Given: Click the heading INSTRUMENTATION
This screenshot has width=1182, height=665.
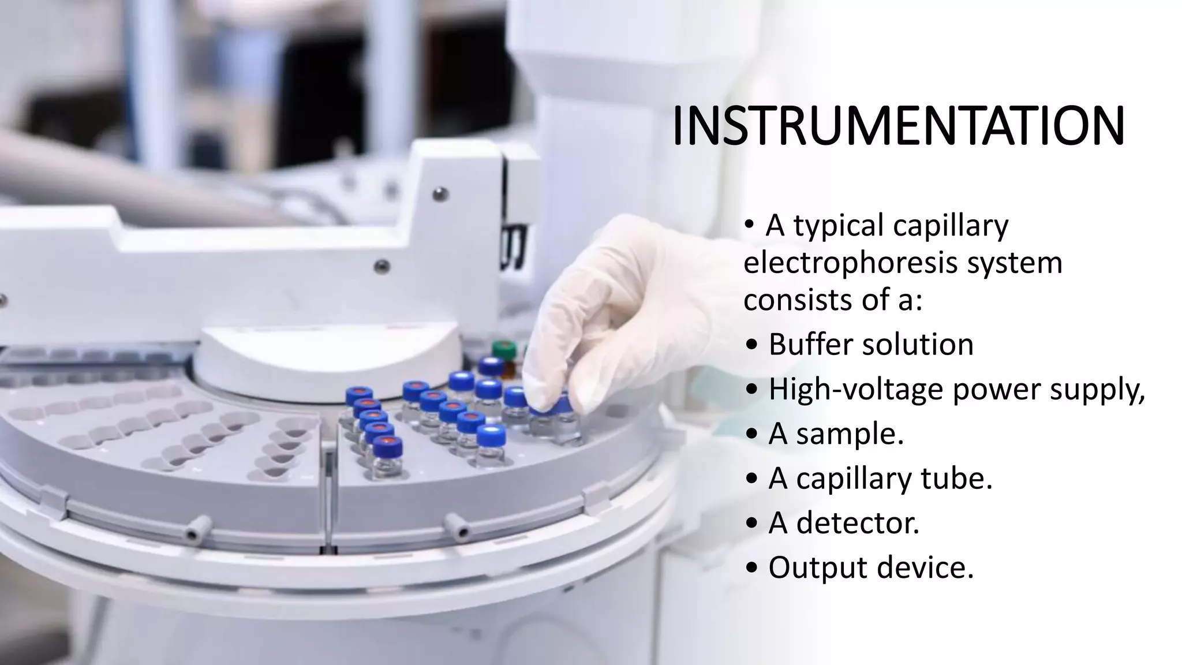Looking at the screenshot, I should (x=898, y=126).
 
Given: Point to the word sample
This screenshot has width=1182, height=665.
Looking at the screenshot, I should (x=849, y=434).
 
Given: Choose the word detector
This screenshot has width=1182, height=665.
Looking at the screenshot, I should (x=858, y=523).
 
